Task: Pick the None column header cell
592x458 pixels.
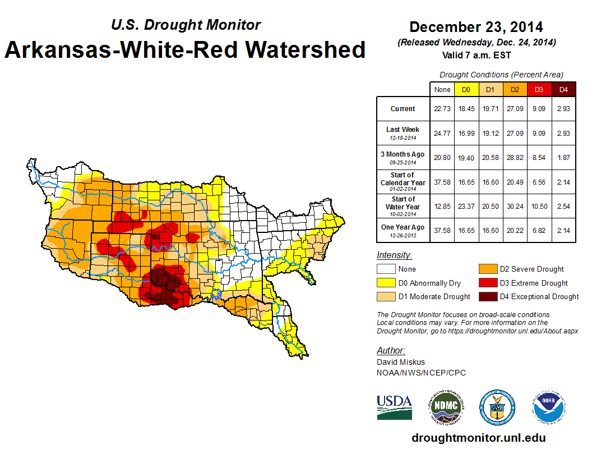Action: pos(442,90)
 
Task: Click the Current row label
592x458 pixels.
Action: pos(403,109)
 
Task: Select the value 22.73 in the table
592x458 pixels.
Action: pos(442,109)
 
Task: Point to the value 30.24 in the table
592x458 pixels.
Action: pos(515,207)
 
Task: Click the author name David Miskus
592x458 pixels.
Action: pos(401,362)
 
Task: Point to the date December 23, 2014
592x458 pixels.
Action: pos(476,27)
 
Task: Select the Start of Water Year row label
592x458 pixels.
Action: pos(403,206)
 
